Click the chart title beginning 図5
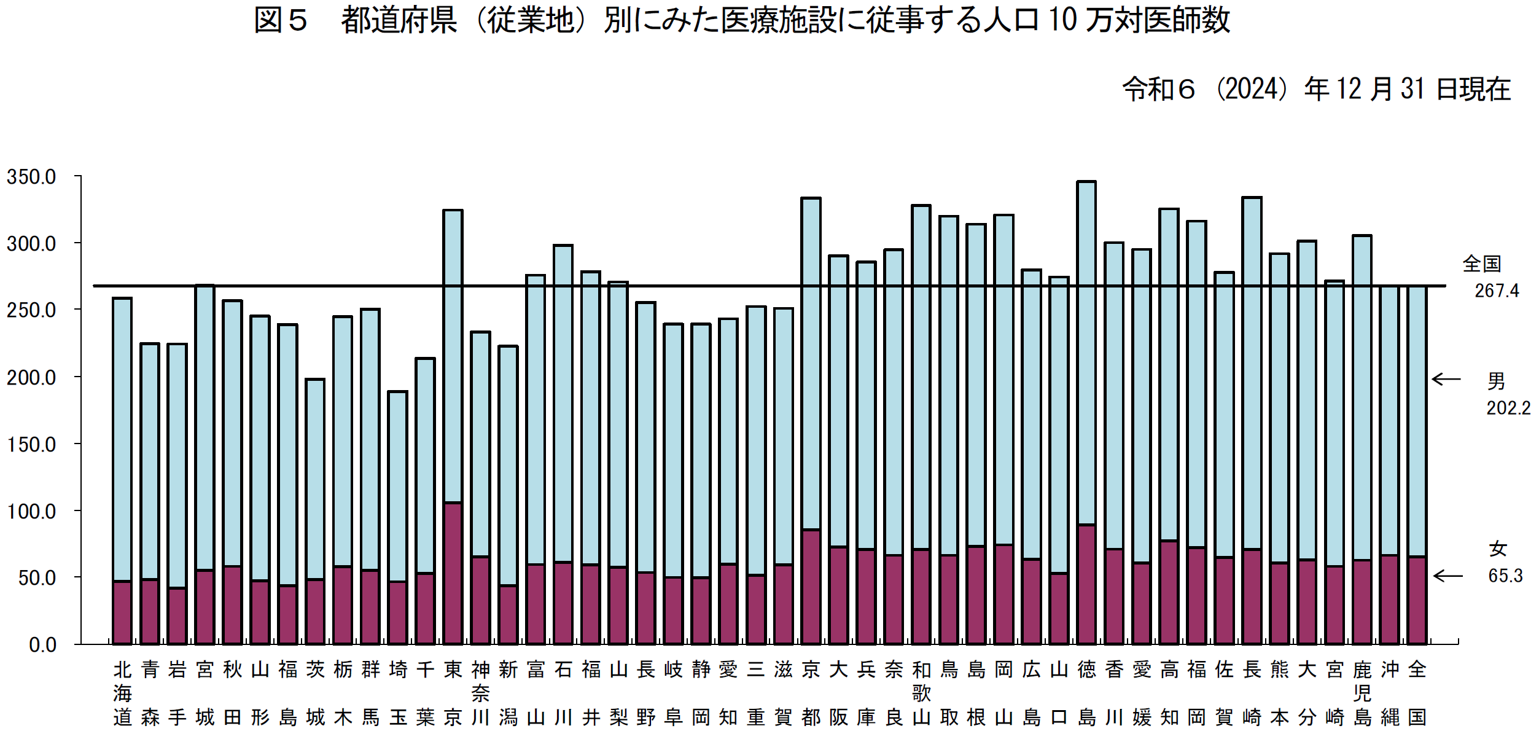pyautogui.click(x=742, y=21)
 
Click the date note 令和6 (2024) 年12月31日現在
pyautogui.click(x=1315, y=90)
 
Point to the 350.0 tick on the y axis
pyautogui.click(x=31, y=177)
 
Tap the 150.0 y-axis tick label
pyautogui.click(x=31, y=444)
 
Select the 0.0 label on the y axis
pyautogui.click(x=42, y=645)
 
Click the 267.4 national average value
pyautogui.click(x=1497, y=291)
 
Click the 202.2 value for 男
pyautogui.click(x=1508, y=408)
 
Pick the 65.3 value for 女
pyautogui.click(x=1505, y=576)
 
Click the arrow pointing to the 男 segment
pyautogui.click(x=1446, y=379)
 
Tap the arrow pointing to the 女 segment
pyautogui.click(x=1447, y=576)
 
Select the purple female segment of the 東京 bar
pyautogui.click(x=453, y=573)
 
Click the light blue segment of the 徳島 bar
pyautogui.click(x=1086, y=353)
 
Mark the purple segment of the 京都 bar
pyautogui.click(x=811, y=587)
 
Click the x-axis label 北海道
pyautogui.click(x=122, y=693)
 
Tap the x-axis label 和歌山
pyautogui.click(x=921, y=693)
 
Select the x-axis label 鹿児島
pyautogui.click(x=1362, y=693)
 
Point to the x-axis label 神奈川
pyautogui.click(x=480, y=693)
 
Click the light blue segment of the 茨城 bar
pyautogui.click(x=315, y=479)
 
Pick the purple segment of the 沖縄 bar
pyautogui.click(x=1390, y=600)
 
